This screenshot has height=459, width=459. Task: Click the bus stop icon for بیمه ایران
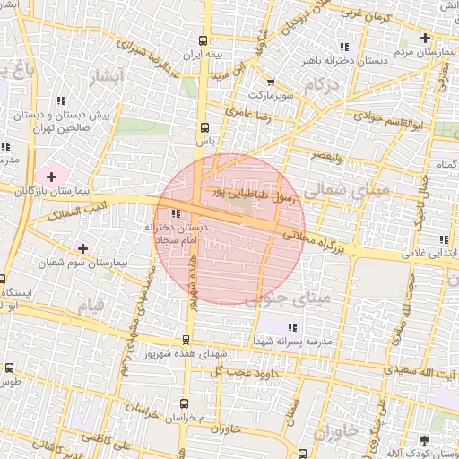click(204, 40)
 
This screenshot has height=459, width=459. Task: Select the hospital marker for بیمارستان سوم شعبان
click(83, 247)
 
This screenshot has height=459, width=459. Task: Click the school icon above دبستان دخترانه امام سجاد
click(175, 213)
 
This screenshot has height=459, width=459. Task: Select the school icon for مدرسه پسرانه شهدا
click(296, 326)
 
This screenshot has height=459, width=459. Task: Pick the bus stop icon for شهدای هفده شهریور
click(186, 340)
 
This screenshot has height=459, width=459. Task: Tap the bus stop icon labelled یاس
click(205, 127)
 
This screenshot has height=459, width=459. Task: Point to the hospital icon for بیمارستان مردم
click(424, 39)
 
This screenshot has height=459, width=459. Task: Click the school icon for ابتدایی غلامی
click(444, 239)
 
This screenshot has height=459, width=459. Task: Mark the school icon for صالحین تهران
click(61, 101)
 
